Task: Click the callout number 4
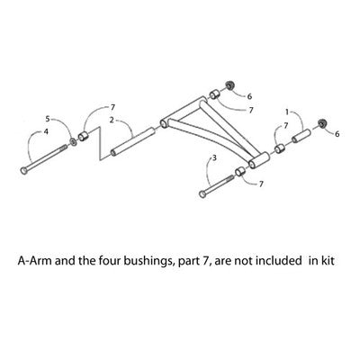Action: coord(46,131)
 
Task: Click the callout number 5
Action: coord(48,119)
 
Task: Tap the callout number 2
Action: coord(112,121)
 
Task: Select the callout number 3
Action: coord(214,157)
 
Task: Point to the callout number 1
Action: coord(287,112)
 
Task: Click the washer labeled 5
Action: coord(73,141)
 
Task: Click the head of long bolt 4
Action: coord(23,170)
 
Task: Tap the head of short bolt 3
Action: coord(202,194)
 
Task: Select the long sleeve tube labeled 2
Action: coord(132,141)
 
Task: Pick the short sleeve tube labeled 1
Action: coord(301,136)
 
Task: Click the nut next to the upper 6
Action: coord(229,85)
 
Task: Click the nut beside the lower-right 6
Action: coord(322,123)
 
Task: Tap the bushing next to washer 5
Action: coord(83,136)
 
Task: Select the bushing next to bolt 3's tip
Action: coord(240,171)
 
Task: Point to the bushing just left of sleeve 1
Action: coord(280,148)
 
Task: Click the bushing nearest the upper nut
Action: coord(214,94)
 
